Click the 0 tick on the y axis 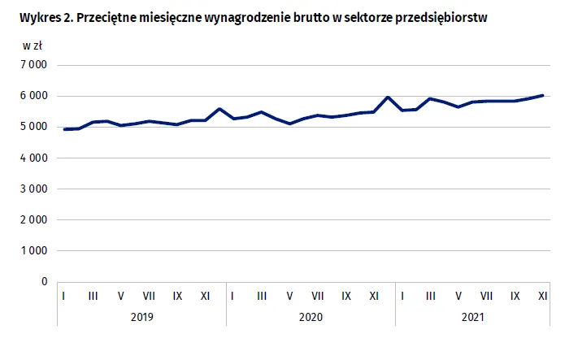pyautogui.click(x=44, y=282)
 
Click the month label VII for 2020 pyautogui.click(x=318, y=296)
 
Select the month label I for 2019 pyautogui.click(x=64, y=296)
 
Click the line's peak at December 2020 pyautogui.click(x=388, y=98)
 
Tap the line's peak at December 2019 pyautogui.click(x=219, y=109)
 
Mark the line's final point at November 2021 pyautogui.click(x=542, y=95)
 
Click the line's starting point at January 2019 pyautogui.click(x=64, y=129)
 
